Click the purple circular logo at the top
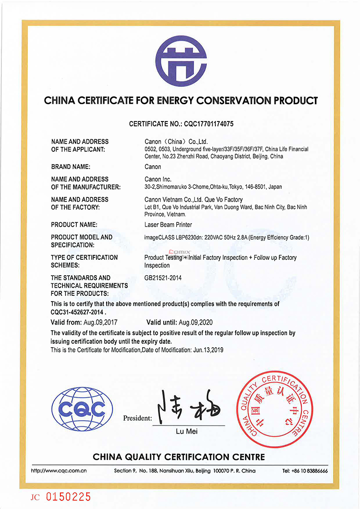(x=181, y=62)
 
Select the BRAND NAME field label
(x=71, y=167)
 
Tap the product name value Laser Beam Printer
(x=168, y=225)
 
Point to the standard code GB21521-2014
(x=163, y=278)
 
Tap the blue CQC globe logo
(x=82, y=409)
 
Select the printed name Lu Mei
(x=187, y=431)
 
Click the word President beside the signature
(x=137, y=418)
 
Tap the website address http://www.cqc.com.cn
(x=59, y=471)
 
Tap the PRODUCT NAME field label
(x=74, y=225)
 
